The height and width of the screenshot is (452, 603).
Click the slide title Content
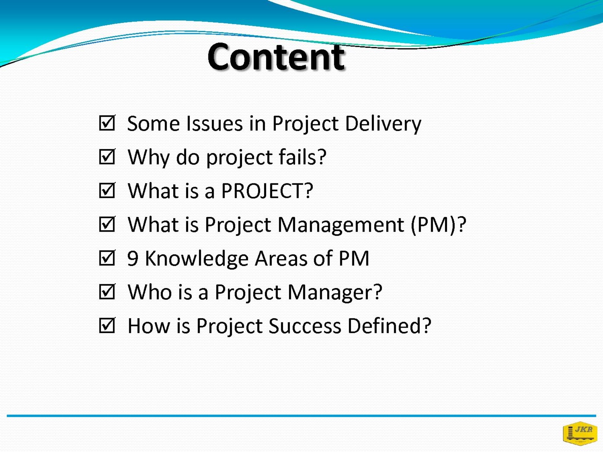(x=276, y=57)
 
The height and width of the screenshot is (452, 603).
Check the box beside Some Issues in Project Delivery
(x=107, y=123)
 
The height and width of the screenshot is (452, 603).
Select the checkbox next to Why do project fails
(x=107, y=157)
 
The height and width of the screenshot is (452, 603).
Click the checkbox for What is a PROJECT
(x=107, y=191)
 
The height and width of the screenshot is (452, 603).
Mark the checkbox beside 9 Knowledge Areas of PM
(x=107, y=258)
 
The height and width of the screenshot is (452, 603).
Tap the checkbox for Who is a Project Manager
(x=107, y=292)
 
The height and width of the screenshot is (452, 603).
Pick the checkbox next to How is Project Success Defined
(x=107, y=325)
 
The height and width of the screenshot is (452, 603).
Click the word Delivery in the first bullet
(x=383, y=124)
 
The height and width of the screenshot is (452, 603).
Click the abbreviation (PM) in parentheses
(x=435, y=225)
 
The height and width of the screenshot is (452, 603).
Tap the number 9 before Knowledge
(x=133, y=258)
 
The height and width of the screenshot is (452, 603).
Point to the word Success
(x=305, y=326)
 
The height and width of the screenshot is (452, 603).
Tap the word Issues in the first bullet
(x=214, y=123)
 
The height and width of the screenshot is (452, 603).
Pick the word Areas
(x=281, y=258)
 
